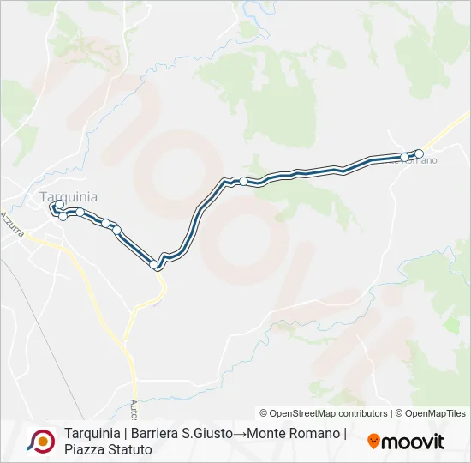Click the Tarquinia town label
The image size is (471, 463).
tap(69, 196)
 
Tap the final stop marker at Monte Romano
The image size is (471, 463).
tap(420, 153)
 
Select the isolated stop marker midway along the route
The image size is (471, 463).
tap(244, 181)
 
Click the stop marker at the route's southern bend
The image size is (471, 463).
tap(155, 264)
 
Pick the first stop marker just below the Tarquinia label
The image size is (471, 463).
tap(59, 205)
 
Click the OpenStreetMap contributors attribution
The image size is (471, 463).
tap(324, 413)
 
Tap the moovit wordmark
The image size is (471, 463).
tap(414, 442)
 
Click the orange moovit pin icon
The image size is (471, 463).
tap(373, 442)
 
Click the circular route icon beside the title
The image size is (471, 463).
tap(41, 441)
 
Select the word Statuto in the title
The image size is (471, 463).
tap(129, 449)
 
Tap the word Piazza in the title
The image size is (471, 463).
tap(84, 449)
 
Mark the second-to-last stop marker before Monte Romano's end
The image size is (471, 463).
tap(404, 157)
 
